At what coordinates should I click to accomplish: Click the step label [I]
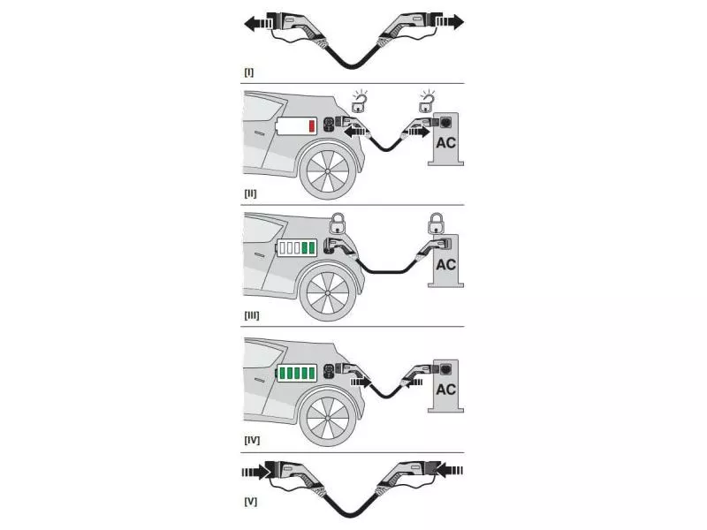(249, 72)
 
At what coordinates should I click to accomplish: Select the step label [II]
(251, 193)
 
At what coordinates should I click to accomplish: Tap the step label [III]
(252, 314)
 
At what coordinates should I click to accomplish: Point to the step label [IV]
(252, 438)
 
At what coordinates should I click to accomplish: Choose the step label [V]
(250, 501)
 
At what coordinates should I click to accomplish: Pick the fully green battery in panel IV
(298, 374)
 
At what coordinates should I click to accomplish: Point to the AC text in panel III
(446, 264)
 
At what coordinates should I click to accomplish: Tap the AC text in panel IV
(446, 389)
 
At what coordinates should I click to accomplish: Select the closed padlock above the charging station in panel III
(434, 221)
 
